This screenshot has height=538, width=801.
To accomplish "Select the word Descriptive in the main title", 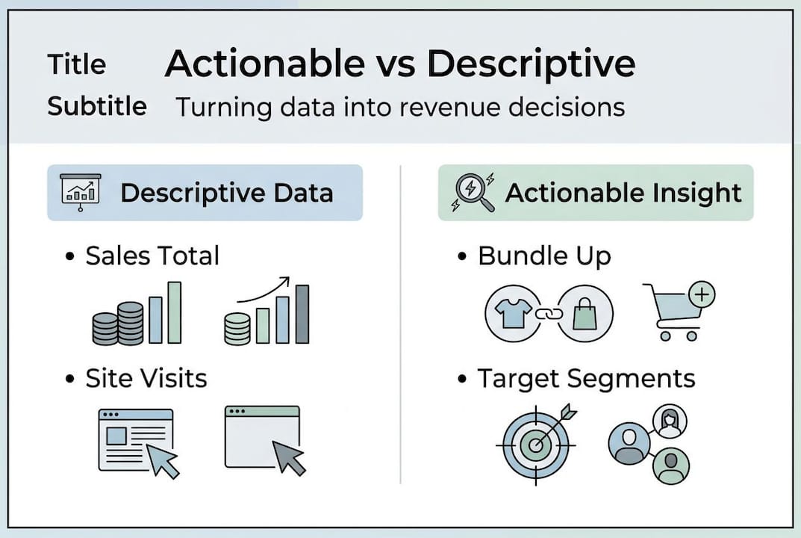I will coord(531,65).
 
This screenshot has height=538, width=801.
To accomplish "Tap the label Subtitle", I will coord(97,106).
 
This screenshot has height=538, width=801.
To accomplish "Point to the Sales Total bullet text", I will coord(152,256).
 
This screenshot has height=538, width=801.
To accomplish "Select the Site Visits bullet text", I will coord(146,379).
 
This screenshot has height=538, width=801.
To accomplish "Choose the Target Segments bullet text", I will coord(586,379).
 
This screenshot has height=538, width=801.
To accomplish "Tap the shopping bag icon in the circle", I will coord(585,314).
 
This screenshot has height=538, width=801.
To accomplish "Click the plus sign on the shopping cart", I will coord(701,294).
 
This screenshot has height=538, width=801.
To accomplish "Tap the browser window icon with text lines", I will coord(136,439).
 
